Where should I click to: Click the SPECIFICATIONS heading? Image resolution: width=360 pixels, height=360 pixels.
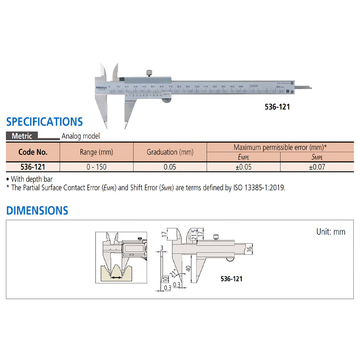tap(44, 121)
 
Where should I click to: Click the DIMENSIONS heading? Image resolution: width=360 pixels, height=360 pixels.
tap(37, 211)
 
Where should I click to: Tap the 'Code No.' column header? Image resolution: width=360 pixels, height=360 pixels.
tap(32, 152)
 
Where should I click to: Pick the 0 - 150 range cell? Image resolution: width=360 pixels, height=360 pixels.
tap(96, 166)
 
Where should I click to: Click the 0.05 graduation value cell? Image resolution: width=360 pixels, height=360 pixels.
tap(170, 166)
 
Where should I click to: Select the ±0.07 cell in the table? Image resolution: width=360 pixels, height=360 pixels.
tap(317, 166)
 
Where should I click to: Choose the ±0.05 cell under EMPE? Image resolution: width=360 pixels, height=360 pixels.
tap(243, 166)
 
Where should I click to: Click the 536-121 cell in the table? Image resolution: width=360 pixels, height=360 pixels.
tap(32, 166)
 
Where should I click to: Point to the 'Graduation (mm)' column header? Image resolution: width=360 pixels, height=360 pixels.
tap(170, 152)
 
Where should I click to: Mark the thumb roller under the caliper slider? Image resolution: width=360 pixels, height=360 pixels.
tap(166, 101)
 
